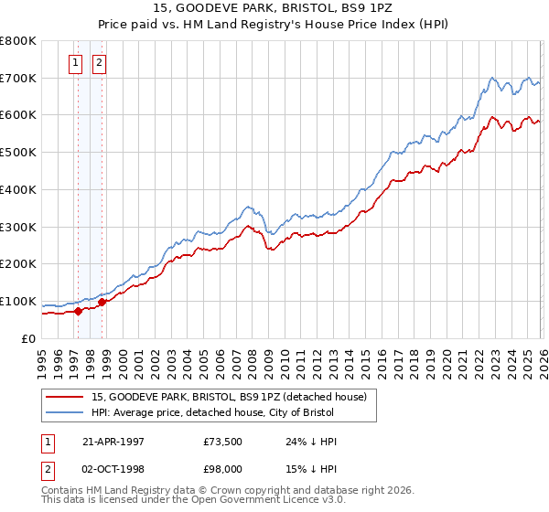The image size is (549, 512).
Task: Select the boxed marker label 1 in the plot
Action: [75, 63]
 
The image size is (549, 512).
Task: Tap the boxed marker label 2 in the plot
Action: [98, 63]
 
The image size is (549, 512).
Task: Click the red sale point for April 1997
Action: [79, 311]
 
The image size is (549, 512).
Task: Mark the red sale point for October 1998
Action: [102, 302]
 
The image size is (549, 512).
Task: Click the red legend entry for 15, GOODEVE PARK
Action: [229, 397]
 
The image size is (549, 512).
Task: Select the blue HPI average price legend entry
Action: [229, 413]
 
